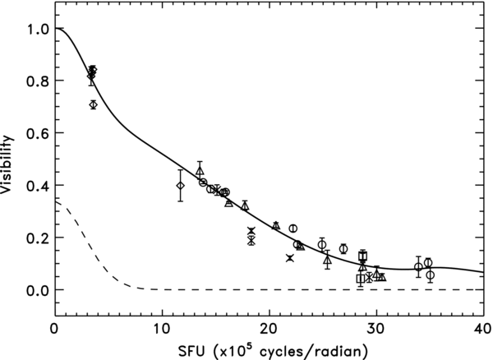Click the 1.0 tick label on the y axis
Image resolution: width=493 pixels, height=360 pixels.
pos(36,29)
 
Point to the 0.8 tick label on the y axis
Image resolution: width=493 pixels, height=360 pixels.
pos(36,81)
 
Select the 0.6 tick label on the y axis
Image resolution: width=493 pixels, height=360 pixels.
pos(36,133)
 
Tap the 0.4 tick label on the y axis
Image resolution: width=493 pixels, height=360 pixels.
pos(36,186)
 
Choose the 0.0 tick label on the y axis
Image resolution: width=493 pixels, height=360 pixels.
pos(36,290)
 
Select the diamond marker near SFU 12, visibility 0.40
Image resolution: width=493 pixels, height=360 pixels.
pos(181,186)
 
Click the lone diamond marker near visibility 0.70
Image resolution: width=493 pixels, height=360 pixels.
pos(93,104)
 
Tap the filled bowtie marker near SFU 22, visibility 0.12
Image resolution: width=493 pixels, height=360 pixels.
pos(290,258)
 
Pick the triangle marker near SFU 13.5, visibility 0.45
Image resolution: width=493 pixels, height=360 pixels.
pos(200,171)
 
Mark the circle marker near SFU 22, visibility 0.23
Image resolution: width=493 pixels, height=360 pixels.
pos(293,228)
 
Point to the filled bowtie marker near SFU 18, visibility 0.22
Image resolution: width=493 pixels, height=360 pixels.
pos(251,231)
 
